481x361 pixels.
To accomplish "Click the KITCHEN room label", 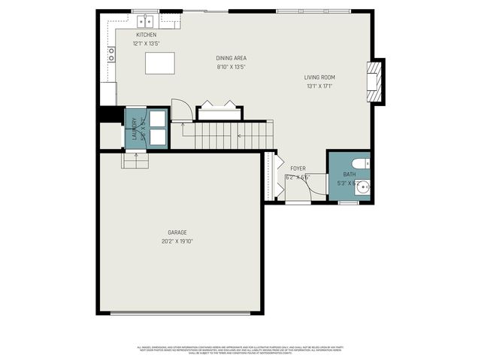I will (x=146, y=35).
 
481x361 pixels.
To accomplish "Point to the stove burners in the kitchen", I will (x=111, y=53).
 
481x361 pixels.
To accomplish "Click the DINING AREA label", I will (x=231, y=58).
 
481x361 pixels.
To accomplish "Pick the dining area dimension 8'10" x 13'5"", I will (x=231, y=67).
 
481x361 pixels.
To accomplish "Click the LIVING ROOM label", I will (x=319, y=77).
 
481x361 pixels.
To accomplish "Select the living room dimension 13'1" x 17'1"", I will (x=319, y=86).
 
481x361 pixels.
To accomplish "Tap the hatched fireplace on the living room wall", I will (x=375, y=80).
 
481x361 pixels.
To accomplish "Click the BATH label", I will (x=349, y=174).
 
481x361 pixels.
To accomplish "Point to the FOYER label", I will (x=298, y=168).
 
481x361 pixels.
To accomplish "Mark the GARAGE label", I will (x=177, y=232).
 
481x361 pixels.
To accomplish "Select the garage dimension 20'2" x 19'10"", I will (x=177, y=241).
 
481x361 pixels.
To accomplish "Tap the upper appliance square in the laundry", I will (x=158, y=119).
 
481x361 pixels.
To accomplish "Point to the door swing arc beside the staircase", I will (x=180, y=111).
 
